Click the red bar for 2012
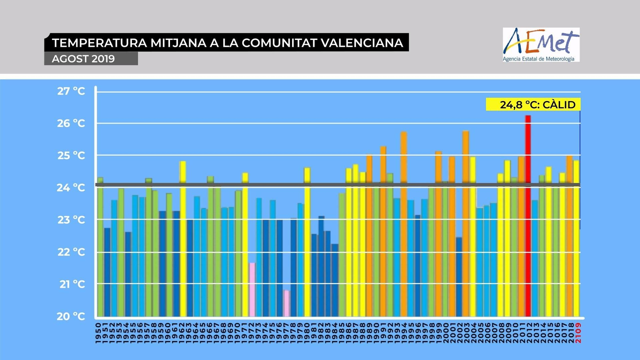[528, 216]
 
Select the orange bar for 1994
[404, 224]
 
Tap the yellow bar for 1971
[245, 244]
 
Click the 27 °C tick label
[71, 91]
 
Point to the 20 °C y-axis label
[71, 316]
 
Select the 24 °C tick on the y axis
[71, 188]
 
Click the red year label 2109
[578, 333]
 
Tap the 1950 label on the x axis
[98, 333]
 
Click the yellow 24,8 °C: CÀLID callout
[533, 104]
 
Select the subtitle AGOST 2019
[83, 59]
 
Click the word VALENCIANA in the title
[362, 43]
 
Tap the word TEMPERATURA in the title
[100, 43]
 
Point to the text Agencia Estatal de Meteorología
[538, 59]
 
